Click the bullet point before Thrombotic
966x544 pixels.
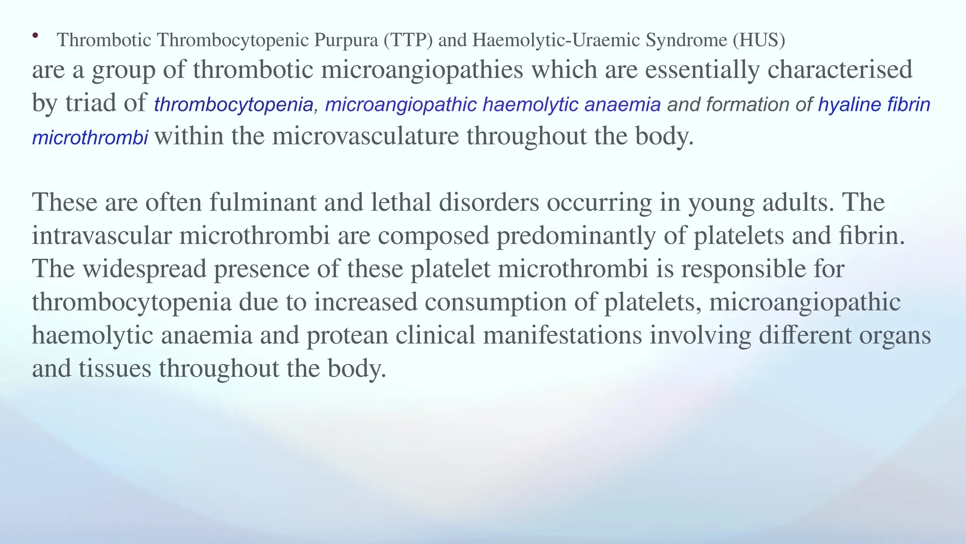click(35, 35)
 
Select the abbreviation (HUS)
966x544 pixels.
click(759, 41)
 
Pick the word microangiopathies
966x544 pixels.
click(422, 70)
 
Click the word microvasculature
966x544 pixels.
click(365, 136)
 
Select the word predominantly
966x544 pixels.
click(575, 236)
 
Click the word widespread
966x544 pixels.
click(145, 269)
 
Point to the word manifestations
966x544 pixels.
click(563, 336)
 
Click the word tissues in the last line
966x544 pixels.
click(115, 369)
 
